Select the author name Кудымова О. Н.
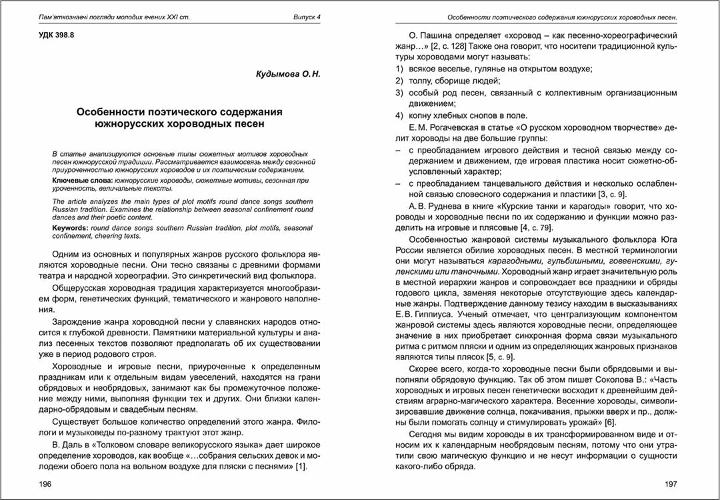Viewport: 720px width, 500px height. click(288, 75)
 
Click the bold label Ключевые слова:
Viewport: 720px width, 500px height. click(82, 181)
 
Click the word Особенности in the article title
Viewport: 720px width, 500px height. click(117, 111)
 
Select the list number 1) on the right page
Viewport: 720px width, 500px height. click(399, 69)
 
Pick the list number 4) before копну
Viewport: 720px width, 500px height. click(399, 115)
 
